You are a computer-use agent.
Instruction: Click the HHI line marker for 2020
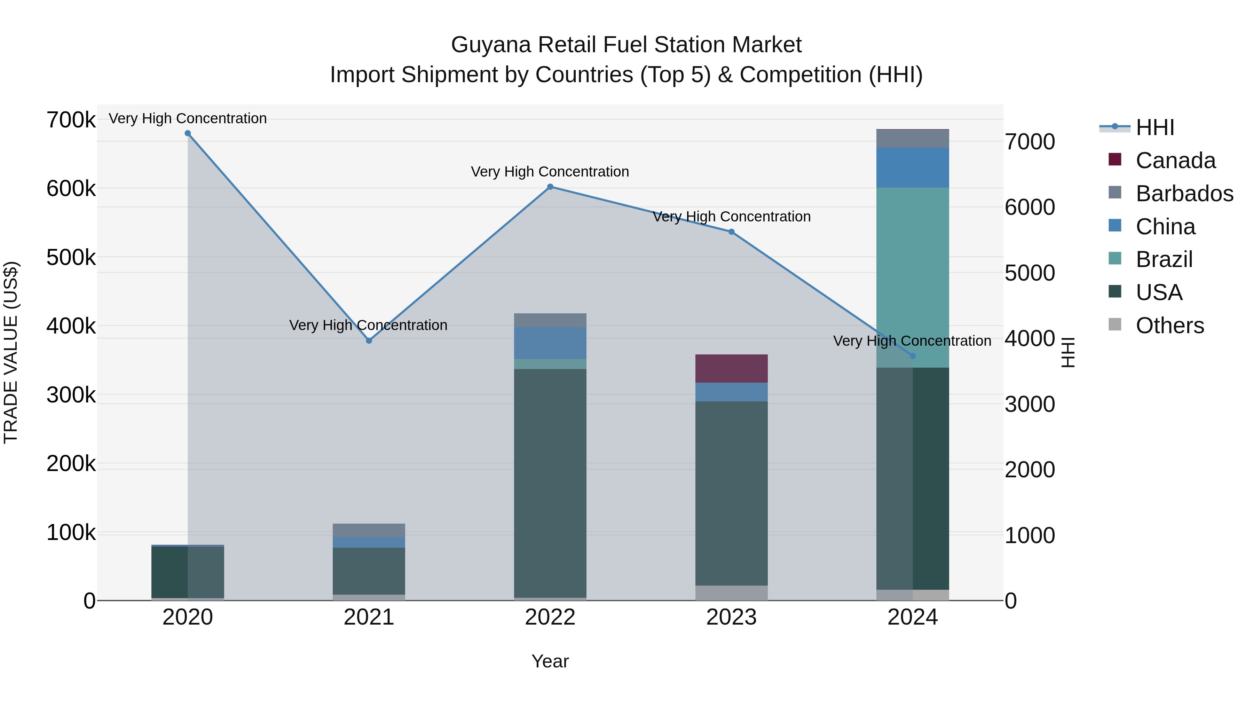(x=188, y=133)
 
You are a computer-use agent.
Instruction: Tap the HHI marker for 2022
(x=550, y=187)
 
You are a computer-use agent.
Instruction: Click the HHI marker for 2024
(x=913, y=356)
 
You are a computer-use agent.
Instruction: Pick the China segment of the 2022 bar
(x=550, y=343)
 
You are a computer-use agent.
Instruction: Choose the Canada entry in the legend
(x=1175, y=160)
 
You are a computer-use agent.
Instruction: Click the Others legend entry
(x=1169, y=326)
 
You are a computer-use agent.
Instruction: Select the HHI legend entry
(x=1155, y=127)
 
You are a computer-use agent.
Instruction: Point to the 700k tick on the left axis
(x=71, y=120)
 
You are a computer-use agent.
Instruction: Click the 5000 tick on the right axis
(x=1030, y=273)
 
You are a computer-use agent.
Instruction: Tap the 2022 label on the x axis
(x=550, y=617)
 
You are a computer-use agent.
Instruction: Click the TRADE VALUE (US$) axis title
(x=11, y=352)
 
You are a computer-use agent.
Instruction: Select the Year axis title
(x=550, y=661)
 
